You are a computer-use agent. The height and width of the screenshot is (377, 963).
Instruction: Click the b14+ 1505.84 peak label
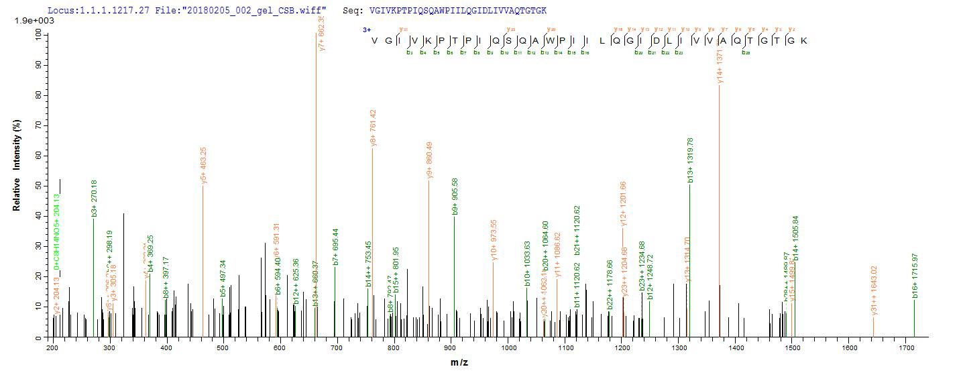coord(795,238)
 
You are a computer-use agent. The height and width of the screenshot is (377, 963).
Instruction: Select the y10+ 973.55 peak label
coord(494,239)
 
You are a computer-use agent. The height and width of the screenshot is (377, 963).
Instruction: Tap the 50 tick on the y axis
coord(40,185)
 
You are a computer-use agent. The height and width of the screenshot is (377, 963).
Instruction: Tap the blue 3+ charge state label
coord(367,30)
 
